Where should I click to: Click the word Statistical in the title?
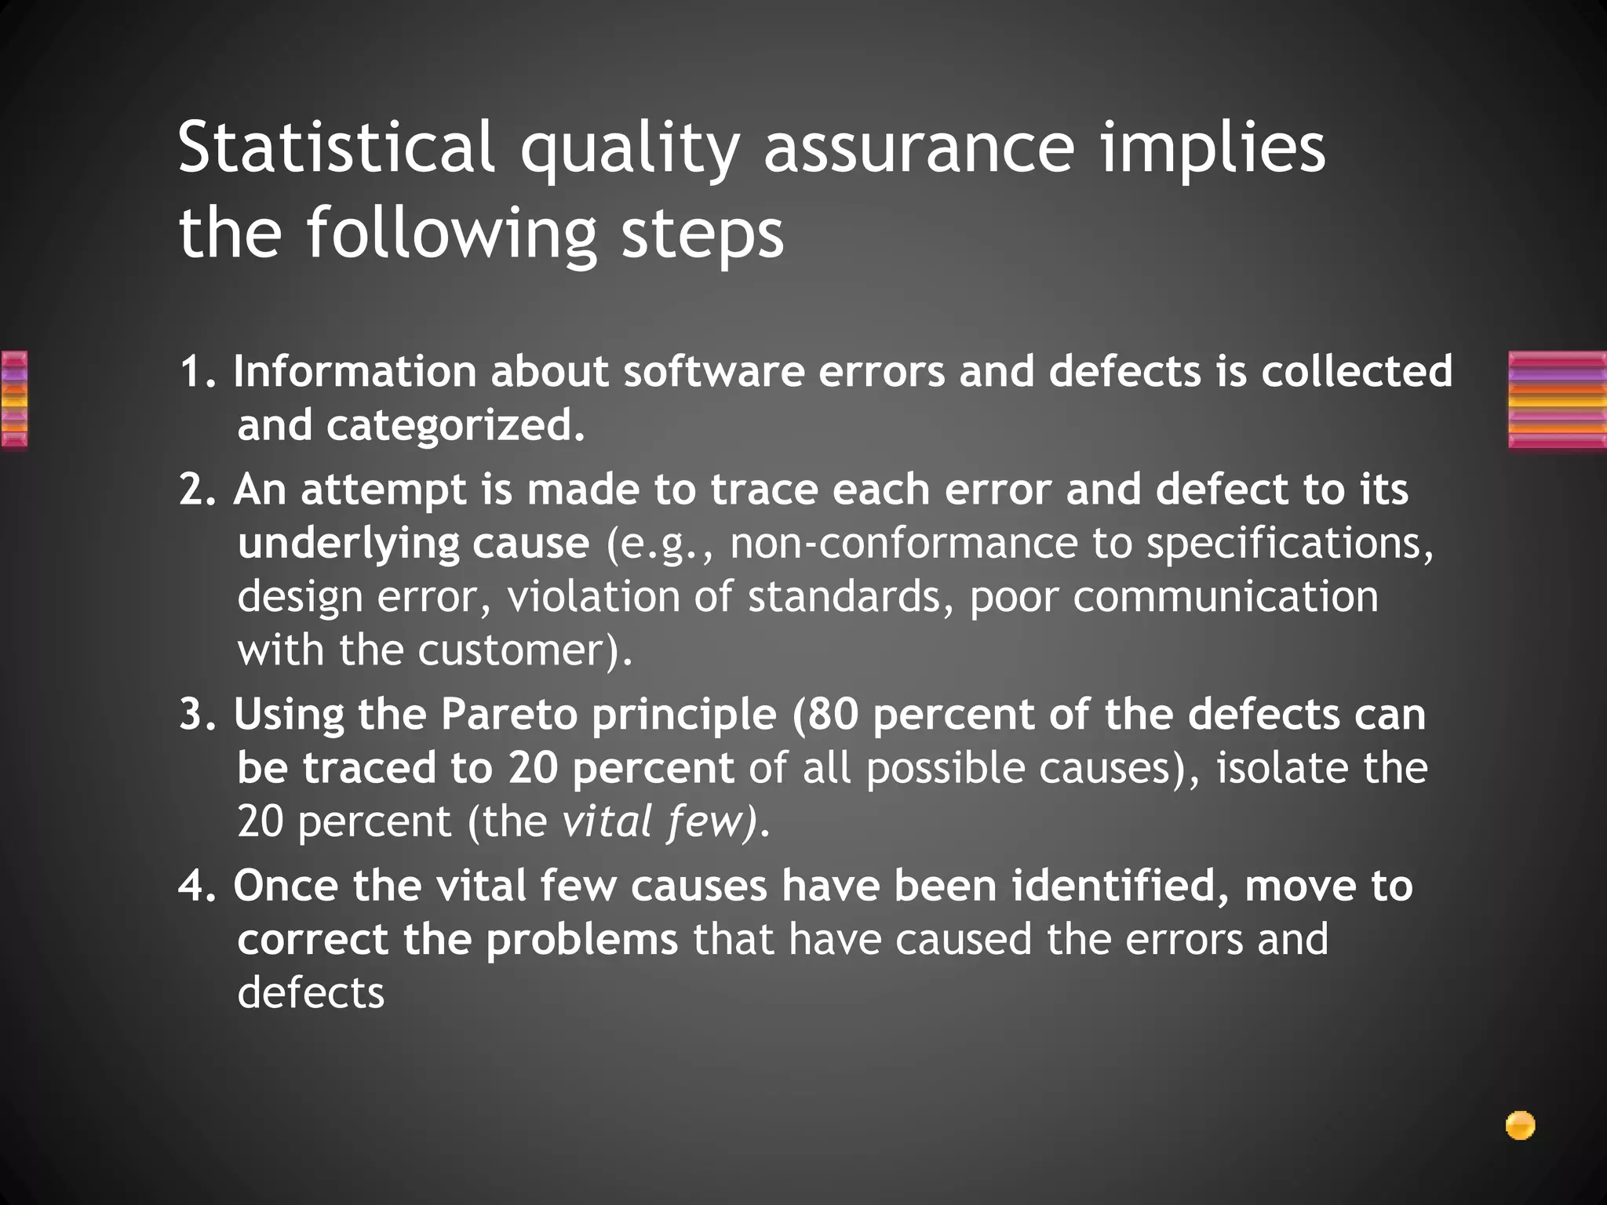(x=337, y=147)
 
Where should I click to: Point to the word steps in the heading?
(x=702, y=233)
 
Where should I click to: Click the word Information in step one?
(x=355, y=372)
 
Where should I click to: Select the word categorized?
(x=455, y=426)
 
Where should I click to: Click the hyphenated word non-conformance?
(x=904, y=544)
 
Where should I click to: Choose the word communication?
(x=1225, y=597)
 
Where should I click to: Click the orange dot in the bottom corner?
(x=1520, y=1126)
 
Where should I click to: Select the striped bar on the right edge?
(x=1557, y=400)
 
